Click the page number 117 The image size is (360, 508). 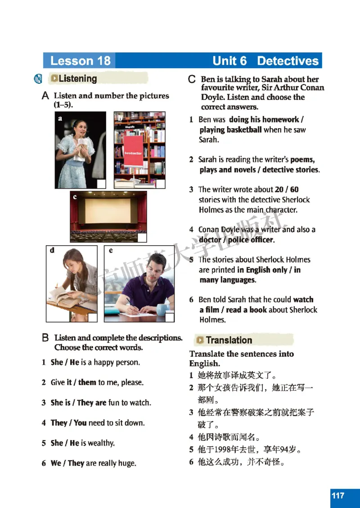[x=338, y=495]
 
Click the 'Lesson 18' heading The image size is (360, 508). [x=80, y=61]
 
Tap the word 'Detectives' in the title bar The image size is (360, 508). [x=288, y=61]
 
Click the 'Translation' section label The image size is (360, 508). [x=229, y=340]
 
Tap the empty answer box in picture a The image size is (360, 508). [x=101, y=184]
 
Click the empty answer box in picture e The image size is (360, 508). [x=169, y=318]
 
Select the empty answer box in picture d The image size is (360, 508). [x=92, y=318]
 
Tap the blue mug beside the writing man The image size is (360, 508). [x=163, y=309]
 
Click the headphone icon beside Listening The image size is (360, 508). [x=39, y=79]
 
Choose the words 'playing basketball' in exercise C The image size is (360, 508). [x=230, y=130]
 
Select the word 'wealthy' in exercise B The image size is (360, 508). [x=101, y=443]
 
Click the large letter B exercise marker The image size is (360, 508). [x=45, y=337]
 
